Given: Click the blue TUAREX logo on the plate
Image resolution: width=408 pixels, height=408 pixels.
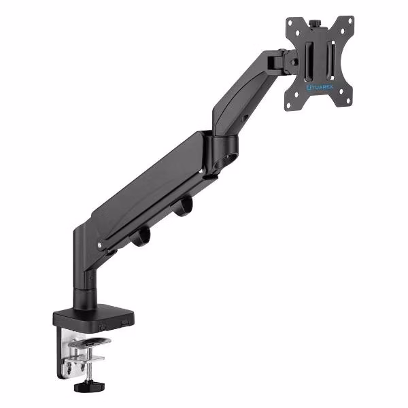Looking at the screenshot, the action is (x=320, y=87).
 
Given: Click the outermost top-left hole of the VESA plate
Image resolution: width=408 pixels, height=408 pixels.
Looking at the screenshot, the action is (x=290, y=22).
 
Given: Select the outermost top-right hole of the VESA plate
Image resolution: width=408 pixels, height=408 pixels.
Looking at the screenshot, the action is (x=350, y=20).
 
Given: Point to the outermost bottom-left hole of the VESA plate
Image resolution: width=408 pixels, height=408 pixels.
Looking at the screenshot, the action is (x=288, y=105).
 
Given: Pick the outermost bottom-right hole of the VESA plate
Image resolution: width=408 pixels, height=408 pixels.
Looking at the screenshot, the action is (x=348, y=101).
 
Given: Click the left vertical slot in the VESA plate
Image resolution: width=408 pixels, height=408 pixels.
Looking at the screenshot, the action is (x=308, y=61).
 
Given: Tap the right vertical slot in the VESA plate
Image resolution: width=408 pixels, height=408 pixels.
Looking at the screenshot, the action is (x=330, y=60).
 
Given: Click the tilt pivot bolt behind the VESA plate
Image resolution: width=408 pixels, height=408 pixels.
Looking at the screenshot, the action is (x=294, y=62).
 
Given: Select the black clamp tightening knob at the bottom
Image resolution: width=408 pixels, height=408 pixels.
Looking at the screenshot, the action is (x=89, y=386).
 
